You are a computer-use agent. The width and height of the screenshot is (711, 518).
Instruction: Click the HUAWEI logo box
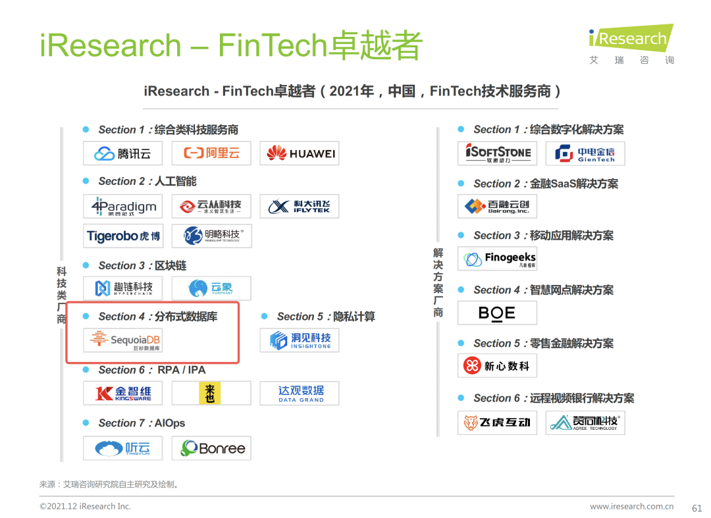(299, 153)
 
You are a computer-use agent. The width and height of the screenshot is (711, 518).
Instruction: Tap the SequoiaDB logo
(122, 340)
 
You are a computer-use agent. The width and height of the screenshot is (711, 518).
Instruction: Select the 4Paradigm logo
(122, 207)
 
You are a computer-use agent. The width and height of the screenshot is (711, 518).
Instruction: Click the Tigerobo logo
(122, 236)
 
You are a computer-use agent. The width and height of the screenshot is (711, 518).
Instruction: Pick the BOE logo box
(497, 313)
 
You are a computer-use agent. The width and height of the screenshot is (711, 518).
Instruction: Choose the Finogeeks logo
(497, 259)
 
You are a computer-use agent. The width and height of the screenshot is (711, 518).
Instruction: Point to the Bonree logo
(211, 448)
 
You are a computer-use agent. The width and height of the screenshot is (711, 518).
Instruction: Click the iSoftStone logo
(497, 153)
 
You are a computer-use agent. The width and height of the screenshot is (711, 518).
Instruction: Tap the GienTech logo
(585, 153)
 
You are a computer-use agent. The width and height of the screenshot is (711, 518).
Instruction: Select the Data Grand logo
(299, 394)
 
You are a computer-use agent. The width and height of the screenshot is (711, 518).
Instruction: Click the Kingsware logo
(122, 394)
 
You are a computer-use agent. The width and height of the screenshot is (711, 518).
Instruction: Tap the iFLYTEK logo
(299, 207)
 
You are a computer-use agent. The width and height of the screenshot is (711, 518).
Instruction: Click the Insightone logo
(299, 340)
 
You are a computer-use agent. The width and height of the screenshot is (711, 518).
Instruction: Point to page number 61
(697, 507)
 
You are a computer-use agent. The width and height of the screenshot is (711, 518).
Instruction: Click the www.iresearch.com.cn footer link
(631, 506)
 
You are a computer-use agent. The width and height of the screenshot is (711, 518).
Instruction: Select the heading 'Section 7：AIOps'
(142, 423)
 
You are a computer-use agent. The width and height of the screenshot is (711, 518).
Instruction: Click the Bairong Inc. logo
(497, 207)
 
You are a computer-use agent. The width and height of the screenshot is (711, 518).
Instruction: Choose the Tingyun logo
(122, 448)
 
